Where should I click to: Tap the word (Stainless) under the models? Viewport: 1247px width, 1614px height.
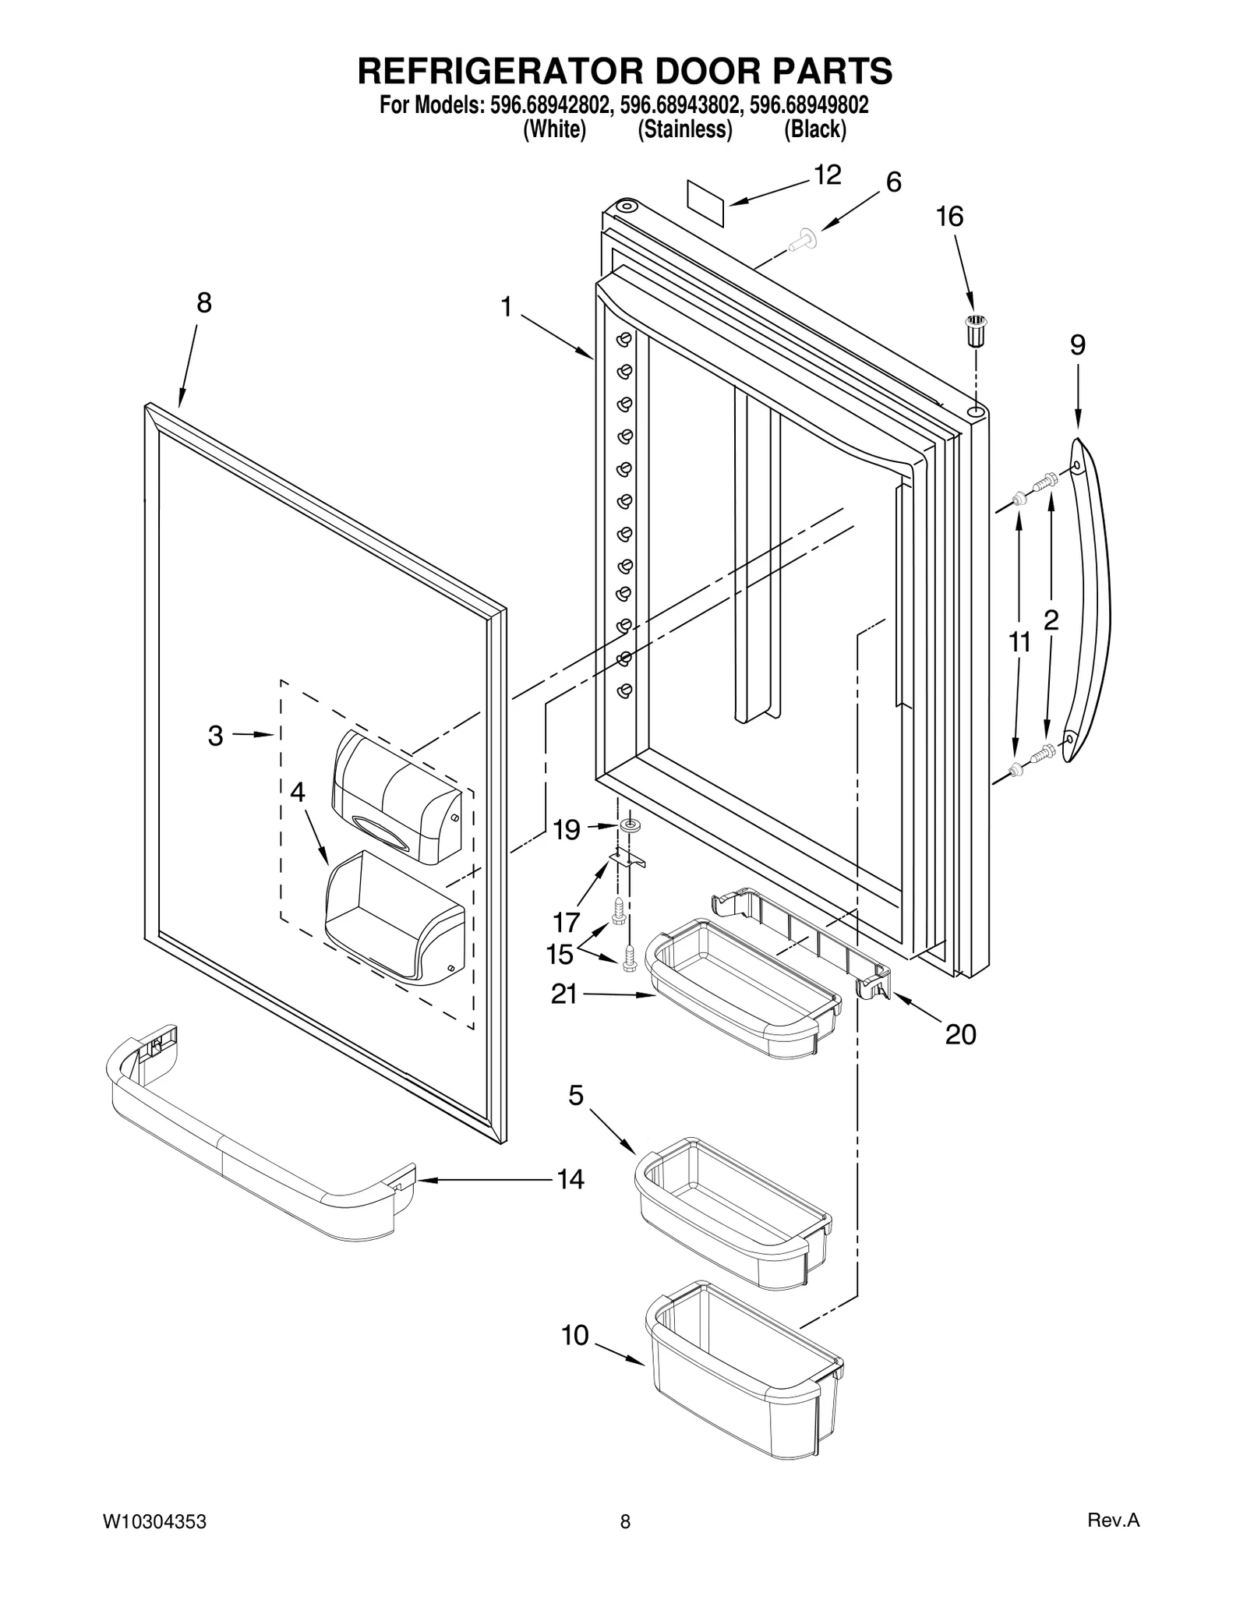(x=685, y=129)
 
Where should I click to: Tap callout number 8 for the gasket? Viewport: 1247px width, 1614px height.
(x=203, y=303)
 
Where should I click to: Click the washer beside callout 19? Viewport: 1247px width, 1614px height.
(x=628, y=825)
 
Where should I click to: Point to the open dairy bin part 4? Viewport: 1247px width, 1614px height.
(x=394, y=920)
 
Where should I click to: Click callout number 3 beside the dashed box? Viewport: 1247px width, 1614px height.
(x=216, y=736)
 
